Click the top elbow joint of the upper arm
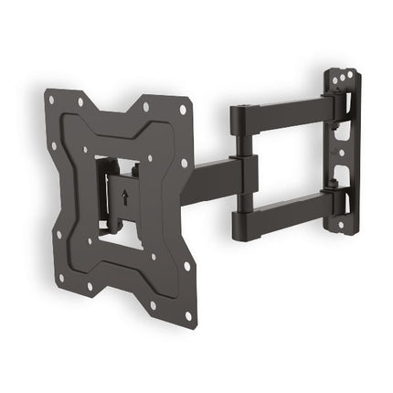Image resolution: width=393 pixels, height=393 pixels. pyautogui.click(x=239, y=117)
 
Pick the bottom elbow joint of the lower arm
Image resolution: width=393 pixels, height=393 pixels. pyautogui.click(x=241, y=219)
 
